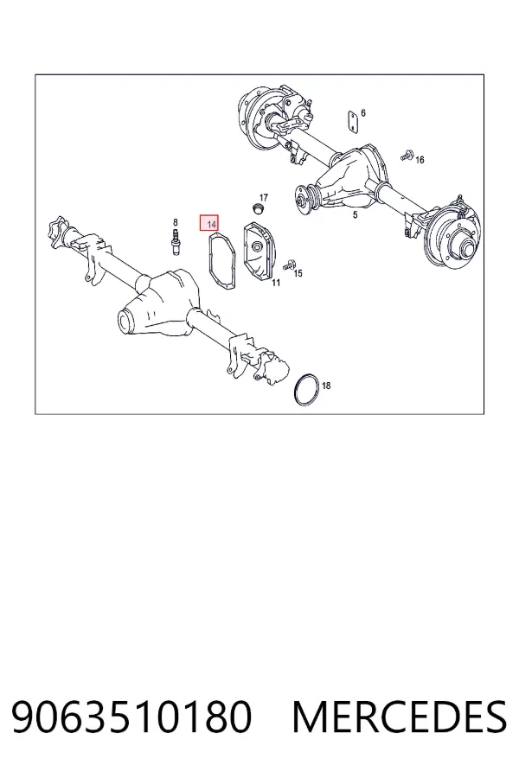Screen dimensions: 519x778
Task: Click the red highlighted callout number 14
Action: pos(212,225)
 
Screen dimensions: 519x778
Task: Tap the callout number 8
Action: pos(175,222)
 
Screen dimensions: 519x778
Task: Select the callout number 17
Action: pos(263,197)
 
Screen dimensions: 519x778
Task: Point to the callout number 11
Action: pos(276,283)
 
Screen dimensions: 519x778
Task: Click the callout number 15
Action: pos(298,273)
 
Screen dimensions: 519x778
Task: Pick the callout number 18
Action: pos(326,386)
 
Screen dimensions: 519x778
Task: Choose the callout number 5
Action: pos(356,215)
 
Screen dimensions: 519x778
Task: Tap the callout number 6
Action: pos(363,113)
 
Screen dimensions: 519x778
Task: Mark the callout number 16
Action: pos(420,160)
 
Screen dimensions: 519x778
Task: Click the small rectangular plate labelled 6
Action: pos(353,122)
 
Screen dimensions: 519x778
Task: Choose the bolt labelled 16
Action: pos(407,156)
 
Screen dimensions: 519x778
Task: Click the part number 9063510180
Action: pos(131,717)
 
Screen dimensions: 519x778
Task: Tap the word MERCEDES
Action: pos(400,717)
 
